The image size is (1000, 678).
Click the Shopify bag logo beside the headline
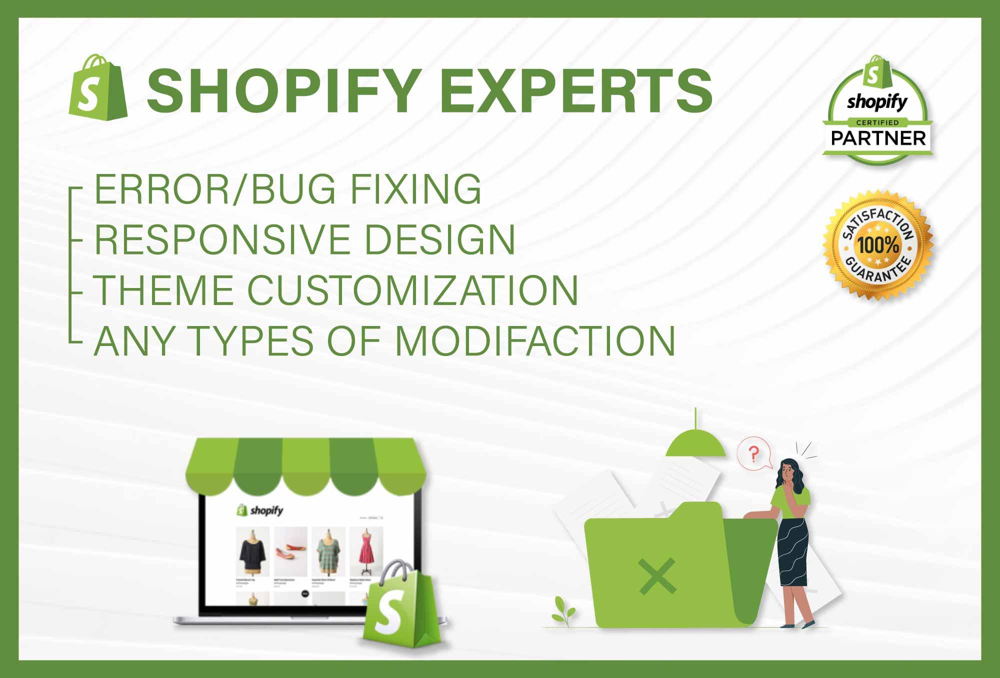coord(98,87)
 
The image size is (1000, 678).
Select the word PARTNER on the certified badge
coord(878,138)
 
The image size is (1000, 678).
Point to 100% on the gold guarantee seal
coord(878,245)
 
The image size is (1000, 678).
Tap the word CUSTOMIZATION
coord(413,290)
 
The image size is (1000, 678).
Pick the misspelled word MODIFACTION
coord(535,341)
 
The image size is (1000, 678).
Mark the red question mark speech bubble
coord(753,454)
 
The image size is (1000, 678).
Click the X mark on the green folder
coord(657,576)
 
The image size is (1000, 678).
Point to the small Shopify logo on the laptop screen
coord(260,510)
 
